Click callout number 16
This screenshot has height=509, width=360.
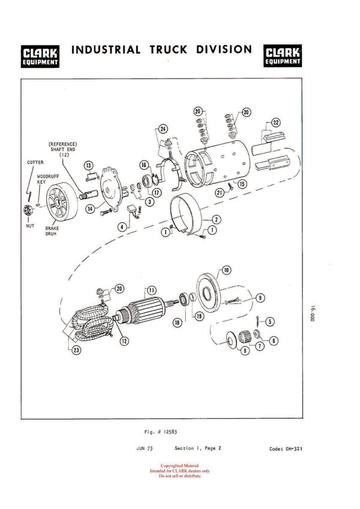tap(144, 164)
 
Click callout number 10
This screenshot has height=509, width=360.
tap(226, 270)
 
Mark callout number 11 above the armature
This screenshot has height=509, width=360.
tap(152, 290)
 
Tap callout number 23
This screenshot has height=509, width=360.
tap(76, 351)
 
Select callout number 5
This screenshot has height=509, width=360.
tap(270, 321)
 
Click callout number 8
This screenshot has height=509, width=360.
tap(245, 351)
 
